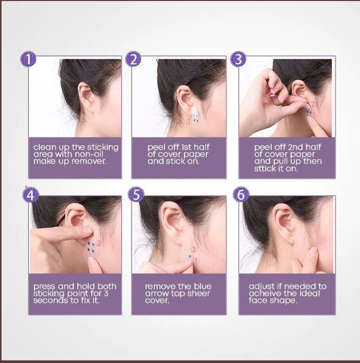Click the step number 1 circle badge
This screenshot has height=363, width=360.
[29, 59]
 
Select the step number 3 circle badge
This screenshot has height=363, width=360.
[238, 59]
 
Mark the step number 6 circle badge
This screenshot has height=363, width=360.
[241, 194]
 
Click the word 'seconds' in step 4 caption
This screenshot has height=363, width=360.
[48, 301]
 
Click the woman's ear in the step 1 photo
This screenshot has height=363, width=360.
[85, 96]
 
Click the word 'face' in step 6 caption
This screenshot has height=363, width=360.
[259, 301]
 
